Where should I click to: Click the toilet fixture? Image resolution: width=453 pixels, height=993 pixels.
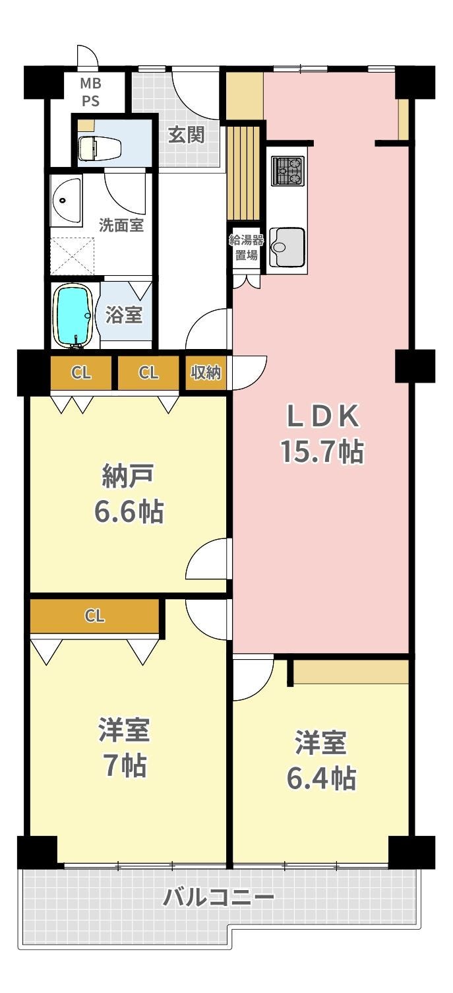(x=99, y=148)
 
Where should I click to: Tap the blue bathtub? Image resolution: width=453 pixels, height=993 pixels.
(x=73, y=315)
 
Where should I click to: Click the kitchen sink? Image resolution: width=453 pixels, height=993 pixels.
(x=287, y=247)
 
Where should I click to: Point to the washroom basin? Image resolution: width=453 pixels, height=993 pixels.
(x=67, y=200)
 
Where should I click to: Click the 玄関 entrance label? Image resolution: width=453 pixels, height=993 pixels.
(x=187, y=135)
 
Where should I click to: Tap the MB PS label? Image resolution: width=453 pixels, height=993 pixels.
(x=90, y=92)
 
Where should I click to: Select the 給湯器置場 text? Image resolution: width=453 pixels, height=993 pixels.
(x=246, y=248)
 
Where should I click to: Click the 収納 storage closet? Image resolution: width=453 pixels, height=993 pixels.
(x=206, y=373)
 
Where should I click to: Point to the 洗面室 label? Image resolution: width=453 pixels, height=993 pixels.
(x=121, y=225)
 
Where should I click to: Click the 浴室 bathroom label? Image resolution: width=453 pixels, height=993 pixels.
(x=123, y=314)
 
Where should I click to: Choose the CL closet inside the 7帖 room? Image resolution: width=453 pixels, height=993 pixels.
(x=95, y=616)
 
